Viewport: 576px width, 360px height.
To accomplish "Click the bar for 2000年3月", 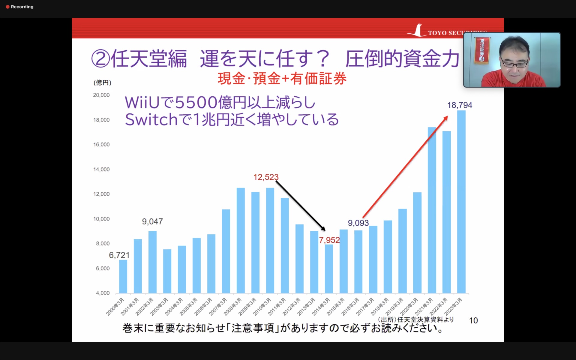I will point(123,276).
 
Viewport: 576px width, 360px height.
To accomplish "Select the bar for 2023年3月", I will point(461,202).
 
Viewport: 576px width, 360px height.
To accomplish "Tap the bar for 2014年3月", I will point(329,269).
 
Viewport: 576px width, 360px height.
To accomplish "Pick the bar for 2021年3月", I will point(432,210).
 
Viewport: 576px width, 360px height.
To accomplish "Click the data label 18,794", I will point(459,105).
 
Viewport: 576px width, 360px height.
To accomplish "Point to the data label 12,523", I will point(266,177).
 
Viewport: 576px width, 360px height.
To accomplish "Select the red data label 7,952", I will point(329,240).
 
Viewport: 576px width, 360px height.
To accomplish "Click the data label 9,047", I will point(152,222).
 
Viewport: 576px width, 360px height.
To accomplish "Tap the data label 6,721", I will point(119,255).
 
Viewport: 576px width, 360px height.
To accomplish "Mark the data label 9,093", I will point(358,223).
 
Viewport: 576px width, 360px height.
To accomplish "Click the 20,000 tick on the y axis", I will point(101,95).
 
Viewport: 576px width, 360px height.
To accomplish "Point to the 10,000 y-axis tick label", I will point(101,219).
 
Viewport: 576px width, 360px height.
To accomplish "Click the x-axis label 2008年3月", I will point(233,307).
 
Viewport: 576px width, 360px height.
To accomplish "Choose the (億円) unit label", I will point(102,82).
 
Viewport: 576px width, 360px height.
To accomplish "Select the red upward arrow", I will point(405,167).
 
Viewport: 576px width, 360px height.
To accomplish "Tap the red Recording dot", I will point(8,7).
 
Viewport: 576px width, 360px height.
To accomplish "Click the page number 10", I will point(473,321).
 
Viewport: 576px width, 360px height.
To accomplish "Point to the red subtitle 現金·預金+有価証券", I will point(282,79).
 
